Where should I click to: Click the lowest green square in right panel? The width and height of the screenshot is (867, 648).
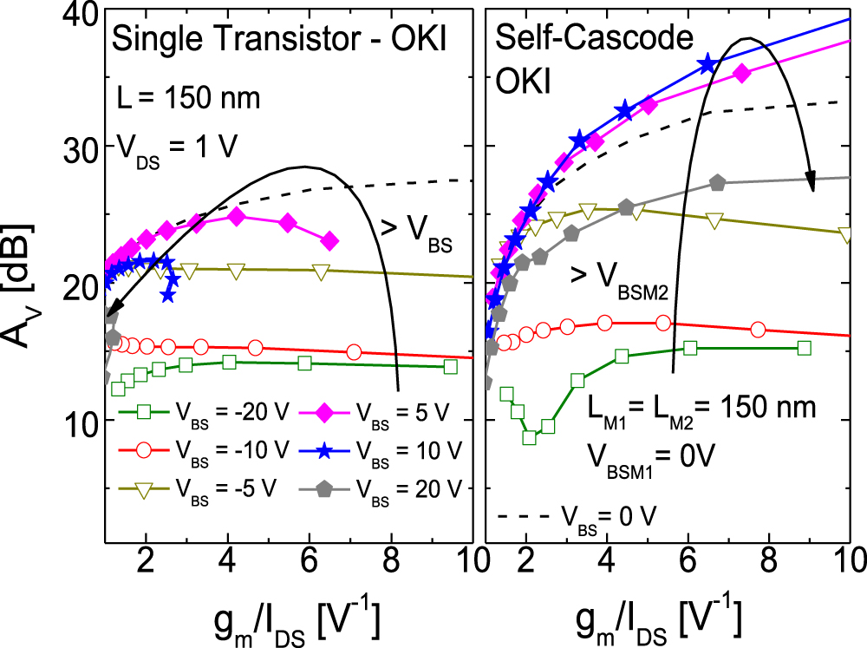(x=529, y=437)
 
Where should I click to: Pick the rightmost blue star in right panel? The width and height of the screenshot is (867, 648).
(x=707, y=63)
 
